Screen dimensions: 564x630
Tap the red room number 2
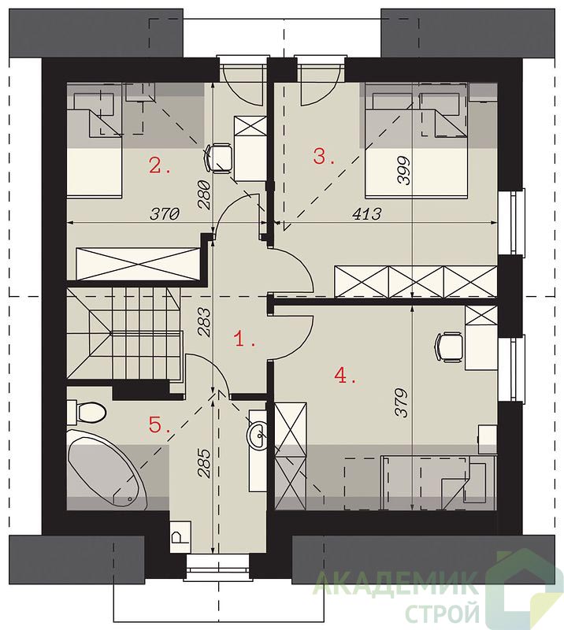click(x=159, y=166)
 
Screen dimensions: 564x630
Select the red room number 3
click(x=324, y=156)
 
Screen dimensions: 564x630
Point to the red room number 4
click(x=345, y=376)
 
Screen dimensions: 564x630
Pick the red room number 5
click(x=159, y=425)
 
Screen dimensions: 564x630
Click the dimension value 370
click(x=164, y=214)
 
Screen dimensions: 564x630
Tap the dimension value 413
click(x=366, y=214)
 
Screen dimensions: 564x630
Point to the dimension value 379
click(x=402, y=402)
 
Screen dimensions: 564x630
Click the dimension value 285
click(x=204, y=463)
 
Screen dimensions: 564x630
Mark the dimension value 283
click(x=204, y=322)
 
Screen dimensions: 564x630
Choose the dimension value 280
click(x=204, y=195)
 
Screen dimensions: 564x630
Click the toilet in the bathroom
click(x=87, y=412)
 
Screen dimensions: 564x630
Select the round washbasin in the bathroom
click(x=258, y=434)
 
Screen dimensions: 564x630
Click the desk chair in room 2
click(x=219, y=158)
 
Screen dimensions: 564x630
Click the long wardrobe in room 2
click(x=138, y=264)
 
